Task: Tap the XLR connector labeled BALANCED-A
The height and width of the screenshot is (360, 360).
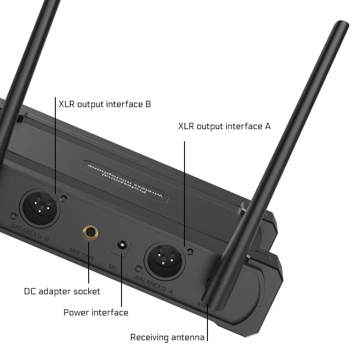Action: coord(164,260)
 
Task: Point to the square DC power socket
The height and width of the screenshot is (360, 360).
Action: coord(121,246)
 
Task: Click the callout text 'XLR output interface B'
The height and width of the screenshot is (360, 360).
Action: coord(105,104)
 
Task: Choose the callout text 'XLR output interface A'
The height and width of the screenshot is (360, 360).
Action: coord(225,126)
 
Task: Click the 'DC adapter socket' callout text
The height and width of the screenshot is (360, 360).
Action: coord(62,292)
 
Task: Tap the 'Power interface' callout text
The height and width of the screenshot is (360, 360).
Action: coord(96,312)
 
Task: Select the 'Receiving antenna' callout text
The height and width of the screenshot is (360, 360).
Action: coord(167,337)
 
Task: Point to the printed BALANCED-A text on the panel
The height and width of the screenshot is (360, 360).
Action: coord(154,284)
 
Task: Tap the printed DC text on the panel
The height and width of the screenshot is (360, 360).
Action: coord(113,266)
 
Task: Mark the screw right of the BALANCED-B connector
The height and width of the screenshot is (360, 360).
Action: coord(65,198)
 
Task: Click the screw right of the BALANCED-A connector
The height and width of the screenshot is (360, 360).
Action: coord(190,252)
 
